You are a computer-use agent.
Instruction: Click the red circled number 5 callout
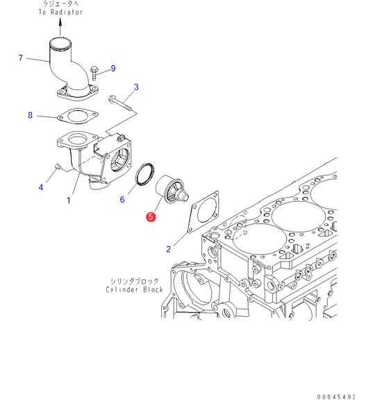pos(151,217)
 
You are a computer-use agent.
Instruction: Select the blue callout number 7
pos(21,58)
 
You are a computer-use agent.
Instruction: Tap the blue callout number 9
pos(113,69)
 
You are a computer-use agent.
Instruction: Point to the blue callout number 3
pos(136,87)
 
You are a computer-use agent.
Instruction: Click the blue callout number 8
pos(30,115)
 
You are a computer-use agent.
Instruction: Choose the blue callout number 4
pos(41,187)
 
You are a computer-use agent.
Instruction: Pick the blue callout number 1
pos(69,200)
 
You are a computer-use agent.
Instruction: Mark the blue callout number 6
pos(122,200)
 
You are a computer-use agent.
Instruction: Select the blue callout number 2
pos(168,250)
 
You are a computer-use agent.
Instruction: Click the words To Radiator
pos(60,12)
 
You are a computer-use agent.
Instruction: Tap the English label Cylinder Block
pos(135,290)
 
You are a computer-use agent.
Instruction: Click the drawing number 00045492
pos(336,397)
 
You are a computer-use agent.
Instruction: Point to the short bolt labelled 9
pos(94,73)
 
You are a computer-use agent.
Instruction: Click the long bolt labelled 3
pos(121,103)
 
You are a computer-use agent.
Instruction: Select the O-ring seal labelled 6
pos(144,174)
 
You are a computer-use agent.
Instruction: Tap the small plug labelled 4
pos(58,166)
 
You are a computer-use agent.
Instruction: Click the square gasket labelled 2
pos(203,211)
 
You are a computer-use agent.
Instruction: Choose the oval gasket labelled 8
pos(78,116)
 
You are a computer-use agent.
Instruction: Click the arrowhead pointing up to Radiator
pos(60,22)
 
